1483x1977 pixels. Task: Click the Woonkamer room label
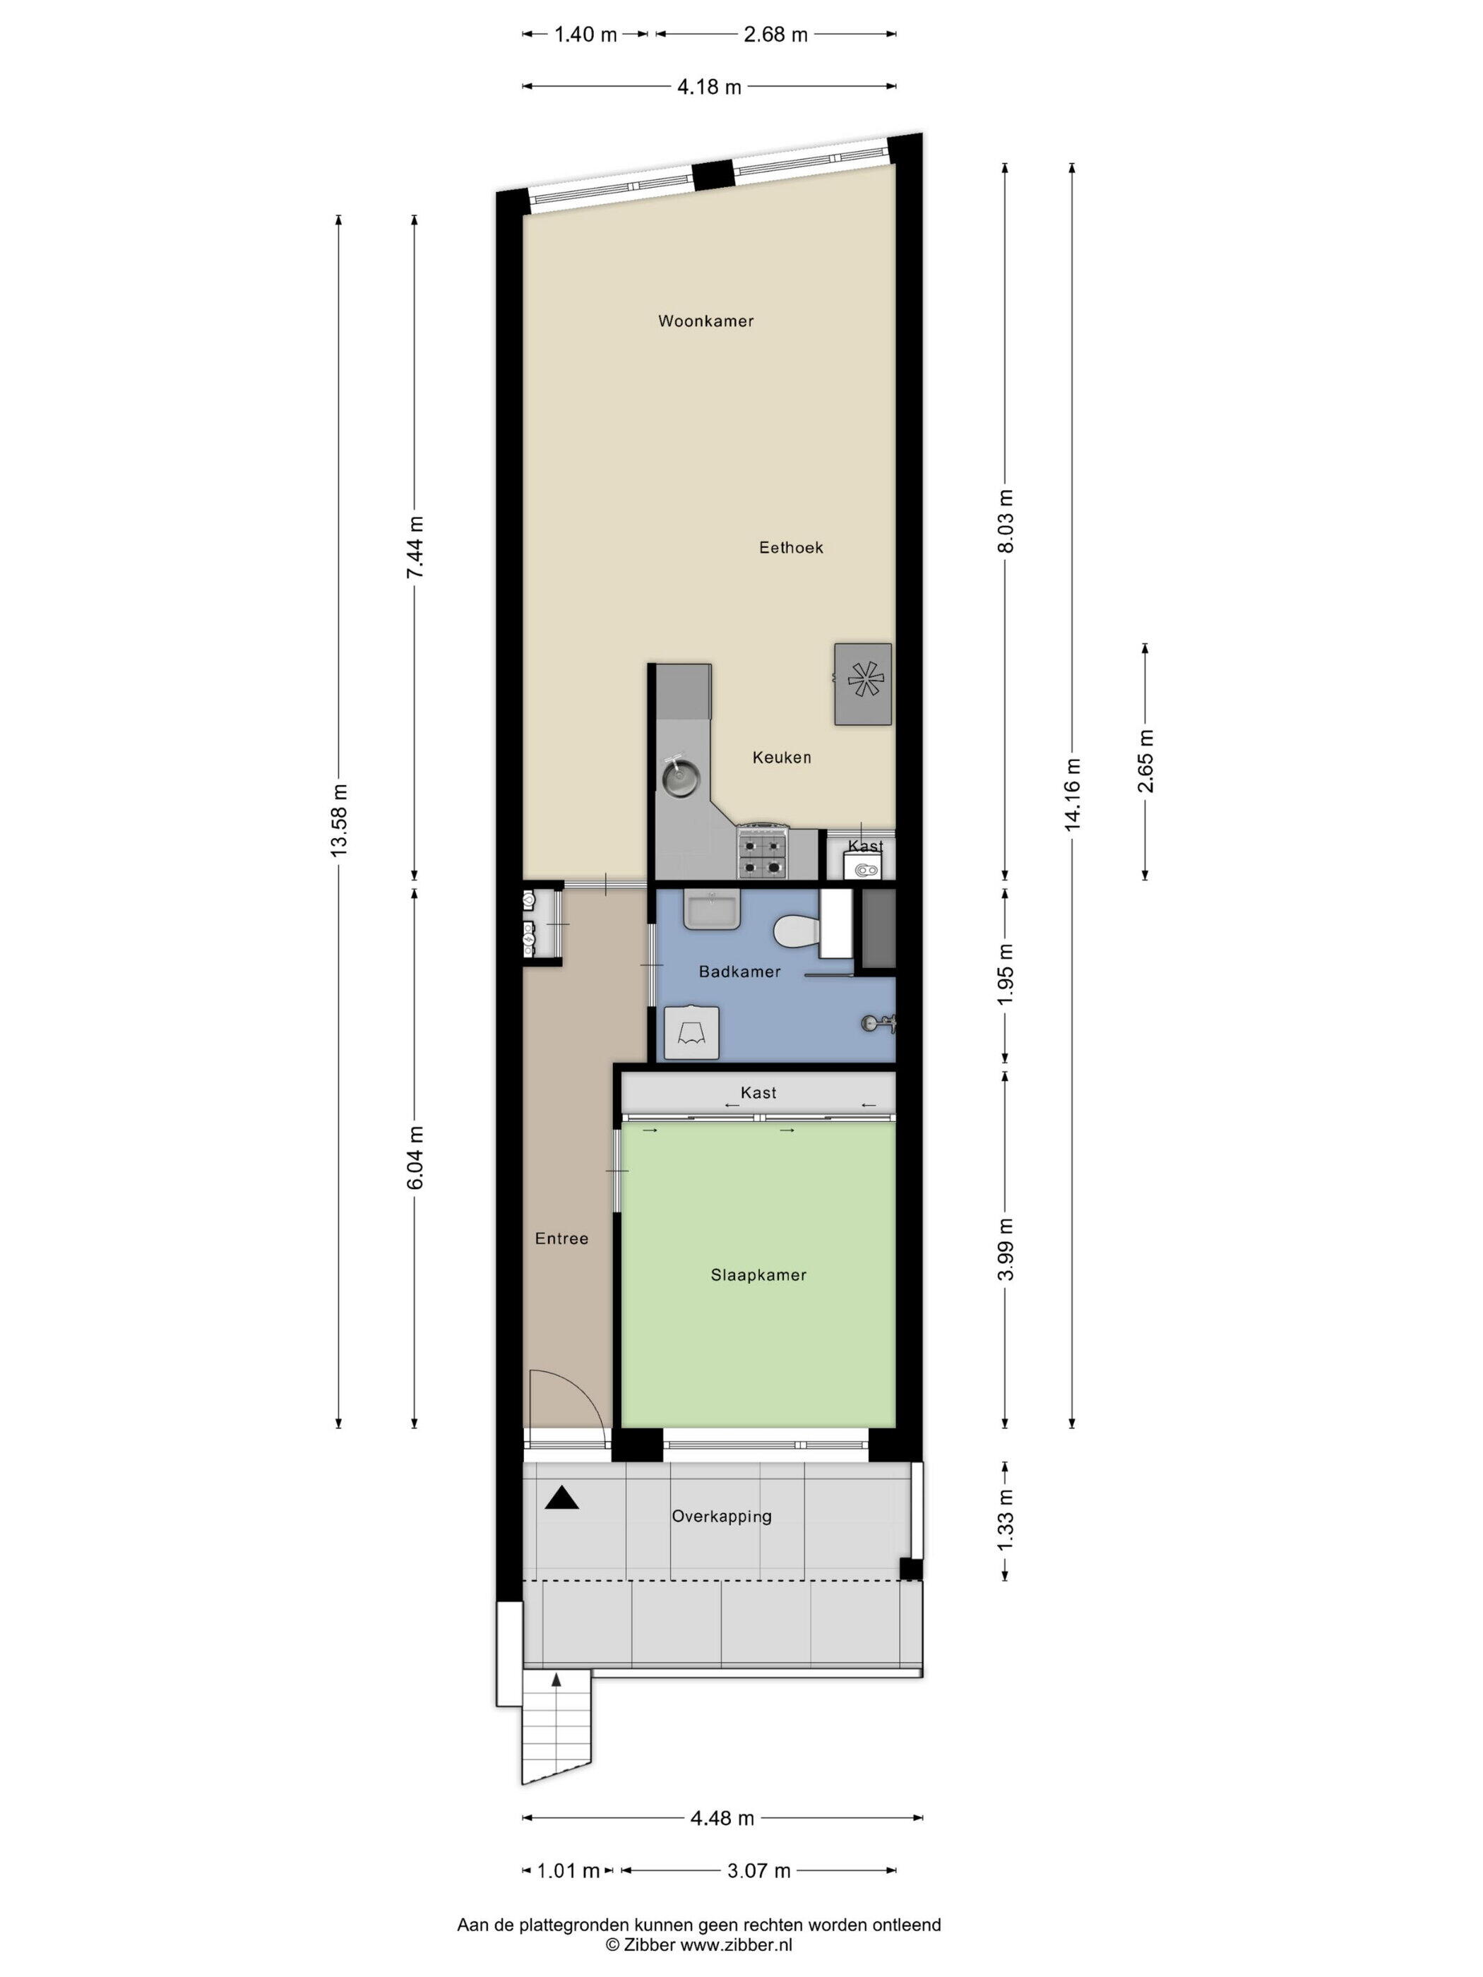point(705,321)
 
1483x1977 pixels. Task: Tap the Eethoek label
point(790,547)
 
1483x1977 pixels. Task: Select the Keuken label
point(781,757)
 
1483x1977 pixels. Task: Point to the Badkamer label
point(739,972)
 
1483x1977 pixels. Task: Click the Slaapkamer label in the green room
point(758,1275)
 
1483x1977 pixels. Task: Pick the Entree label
point(561,1238)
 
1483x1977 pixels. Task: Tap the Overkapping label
point(722,1517)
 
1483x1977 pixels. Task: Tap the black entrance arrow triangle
point(561,1498)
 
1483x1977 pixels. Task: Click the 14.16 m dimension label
point(1072,794)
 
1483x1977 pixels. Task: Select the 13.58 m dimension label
point(338,820)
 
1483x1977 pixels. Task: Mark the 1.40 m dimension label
point(585,35)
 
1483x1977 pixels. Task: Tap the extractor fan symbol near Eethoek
point(864,683)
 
